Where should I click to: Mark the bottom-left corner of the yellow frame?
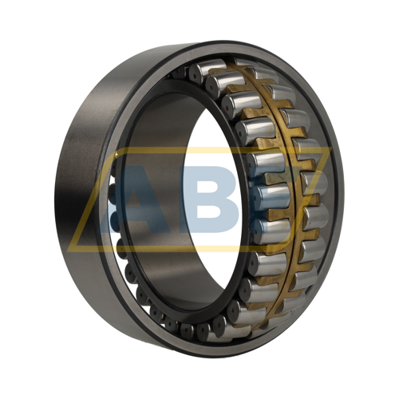click(x=68, y=251)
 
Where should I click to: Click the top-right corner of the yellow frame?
click(x=331, y=148)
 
